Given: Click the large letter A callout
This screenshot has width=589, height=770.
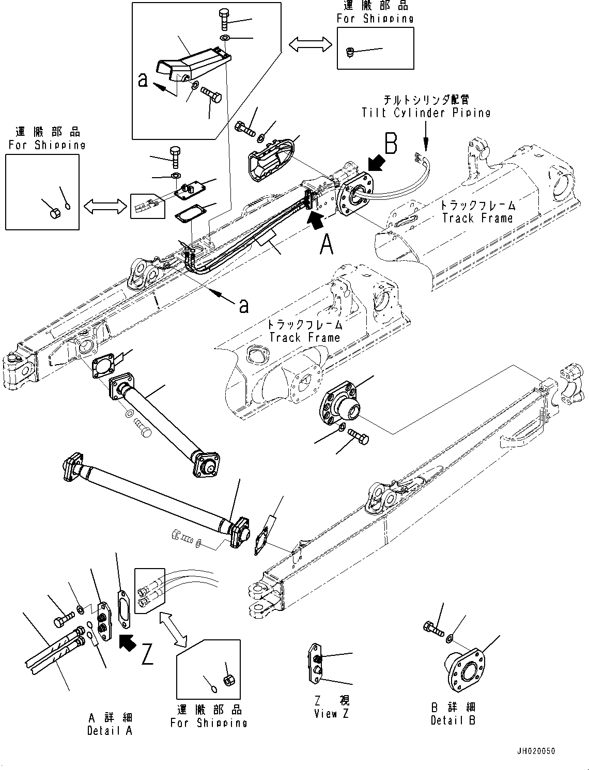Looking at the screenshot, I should tap(327, 244).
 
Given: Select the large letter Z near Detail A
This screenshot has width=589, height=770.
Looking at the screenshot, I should tap(147, 654).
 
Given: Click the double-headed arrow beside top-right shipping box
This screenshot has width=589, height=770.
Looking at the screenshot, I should tap(310, 44).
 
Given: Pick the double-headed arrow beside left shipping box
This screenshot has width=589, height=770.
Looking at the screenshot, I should tap(105, 207).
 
